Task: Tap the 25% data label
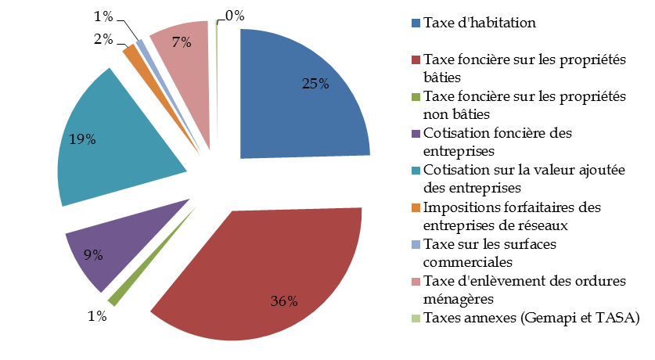[315, 84]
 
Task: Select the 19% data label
[83, 139]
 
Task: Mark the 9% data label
[92, 254]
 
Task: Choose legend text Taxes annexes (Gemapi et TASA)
[531, 318]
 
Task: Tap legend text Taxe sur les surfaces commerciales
[489, 253]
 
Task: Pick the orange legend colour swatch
[415, 208]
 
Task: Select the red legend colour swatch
[415, 59]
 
